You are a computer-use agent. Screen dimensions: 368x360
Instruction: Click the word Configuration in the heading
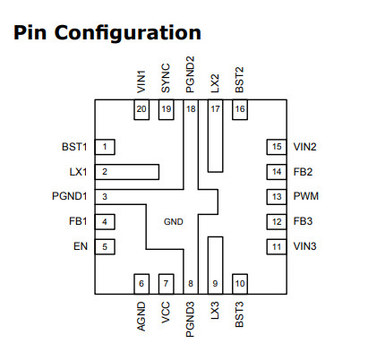pos(128,33)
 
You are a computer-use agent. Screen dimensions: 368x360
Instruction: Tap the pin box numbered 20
pos(141,109)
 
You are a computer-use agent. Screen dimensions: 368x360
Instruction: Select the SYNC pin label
pos(166,78)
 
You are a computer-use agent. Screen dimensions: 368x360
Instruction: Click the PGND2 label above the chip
pos(190,74)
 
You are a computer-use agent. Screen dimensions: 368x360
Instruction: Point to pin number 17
pos(215,109)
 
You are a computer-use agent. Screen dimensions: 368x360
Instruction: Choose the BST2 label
pos(239,80)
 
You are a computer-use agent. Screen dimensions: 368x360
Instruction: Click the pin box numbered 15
pos(277,147)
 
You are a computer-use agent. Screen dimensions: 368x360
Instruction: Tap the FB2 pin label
pos(303,172)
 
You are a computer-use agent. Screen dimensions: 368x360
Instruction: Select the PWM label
pos(306,196)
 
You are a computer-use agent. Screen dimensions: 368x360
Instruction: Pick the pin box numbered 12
pos(277,222)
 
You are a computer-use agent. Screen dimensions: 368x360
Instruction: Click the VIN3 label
pos(304,246)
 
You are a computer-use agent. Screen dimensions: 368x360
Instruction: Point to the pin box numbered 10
pos(240,284)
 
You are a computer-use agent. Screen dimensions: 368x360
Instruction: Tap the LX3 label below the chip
pos(215,311)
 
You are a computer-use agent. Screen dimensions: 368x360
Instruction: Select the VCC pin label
pos(166,313)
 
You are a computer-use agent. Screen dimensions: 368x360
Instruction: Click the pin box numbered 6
pos(141,284)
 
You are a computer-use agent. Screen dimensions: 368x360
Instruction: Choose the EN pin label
pos(81,246)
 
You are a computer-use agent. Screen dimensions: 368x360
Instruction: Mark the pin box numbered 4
pos(105,222)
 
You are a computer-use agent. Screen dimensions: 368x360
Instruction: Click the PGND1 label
pos(70,196)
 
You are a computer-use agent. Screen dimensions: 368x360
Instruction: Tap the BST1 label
pos(74,147)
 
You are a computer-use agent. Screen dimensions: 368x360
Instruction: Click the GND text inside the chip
pos(174,222)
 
